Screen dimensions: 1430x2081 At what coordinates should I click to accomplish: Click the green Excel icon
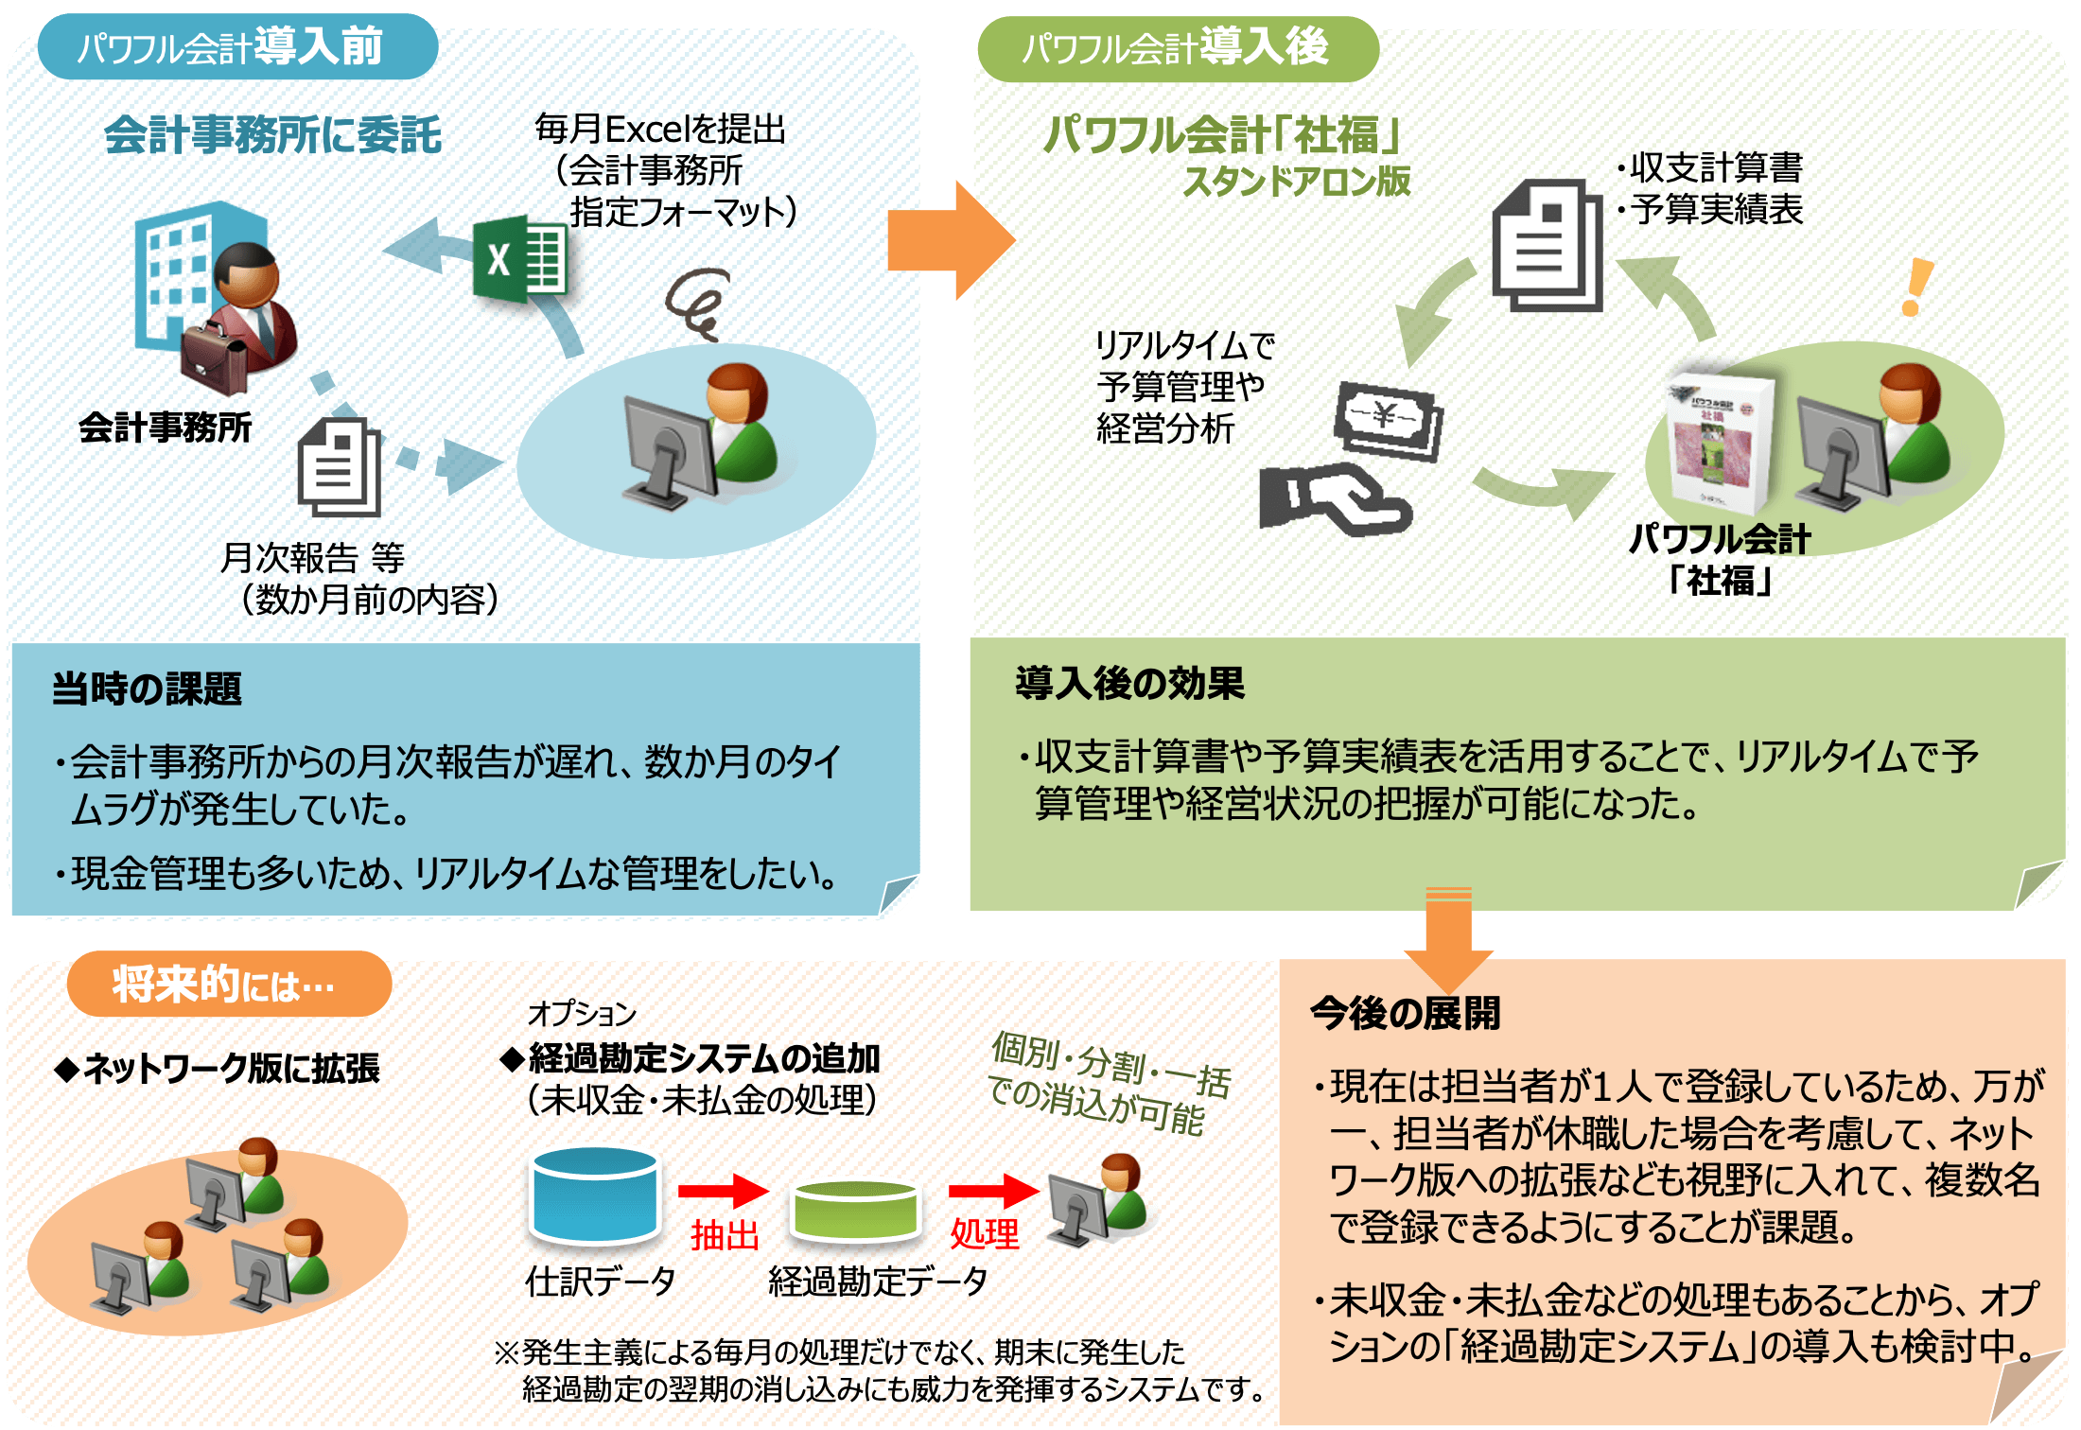point(519,259)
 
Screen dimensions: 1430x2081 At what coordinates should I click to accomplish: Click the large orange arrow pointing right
point(949,240)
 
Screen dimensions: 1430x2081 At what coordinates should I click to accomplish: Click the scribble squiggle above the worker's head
point(698,303)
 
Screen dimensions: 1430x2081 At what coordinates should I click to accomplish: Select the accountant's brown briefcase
point(214,359)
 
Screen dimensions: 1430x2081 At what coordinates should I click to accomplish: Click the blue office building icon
point(180,274)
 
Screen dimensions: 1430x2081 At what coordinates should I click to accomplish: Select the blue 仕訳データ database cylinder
point(594,1195)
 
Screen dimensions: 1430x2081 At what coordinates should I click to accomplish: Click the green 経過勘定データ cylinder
point(855,1211)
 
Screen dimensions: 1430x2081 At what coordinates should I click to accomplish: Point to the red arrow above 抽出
point(723,1191)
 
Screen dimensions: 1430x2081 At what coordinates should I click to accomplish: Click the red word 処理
point(985,1234)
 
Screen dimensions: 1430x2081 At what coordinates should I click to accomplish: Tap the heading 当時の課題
point(147,689)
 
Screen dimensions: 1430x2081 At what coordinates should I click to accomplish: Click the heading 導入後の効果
point(1129,683)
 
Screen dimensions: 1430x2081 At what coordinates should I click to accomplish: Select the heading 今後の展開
point(1405,1013)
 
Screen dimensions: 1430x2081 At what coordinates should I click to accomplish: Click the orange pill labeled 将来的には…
point(228,985)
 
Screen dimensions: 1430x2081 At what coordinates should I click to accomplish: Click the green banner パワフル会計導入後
point(1177,47)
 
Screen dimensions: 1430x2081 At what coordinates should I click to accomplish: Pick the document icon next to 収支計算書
point(1548,246)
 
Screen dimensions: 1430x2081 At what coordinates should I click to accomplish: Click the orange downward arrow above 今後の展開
point(1448,941)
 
